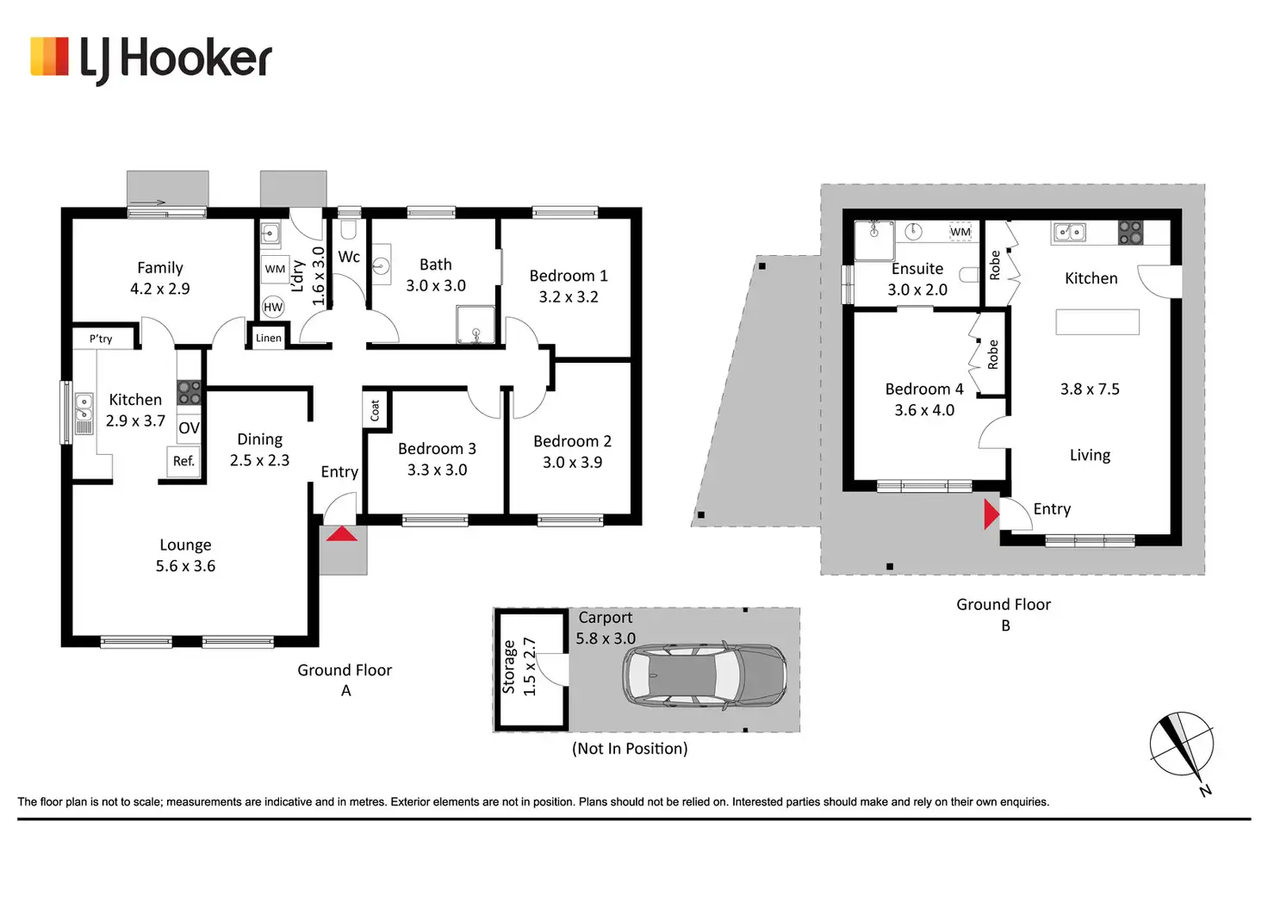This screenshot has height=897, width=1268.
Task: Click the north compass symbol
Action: (1182, 745)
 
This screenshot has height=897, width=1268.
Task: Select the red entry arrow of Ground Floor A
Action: (342, 534)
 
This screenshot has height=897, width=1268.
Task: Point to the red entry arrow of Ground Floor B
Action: (991, 514)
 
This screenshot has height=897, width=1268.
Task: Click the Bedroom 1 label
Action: (569, 276)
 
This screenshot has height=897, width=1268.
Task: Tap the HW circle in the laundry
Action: (273, 307)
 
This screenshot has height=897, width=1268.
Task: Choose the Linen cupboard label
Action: (269, 338)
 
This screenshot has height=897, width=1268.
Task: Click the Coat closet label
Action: (375, 410)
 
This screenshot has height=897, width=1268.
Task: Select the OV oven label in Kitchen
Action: (189, 428)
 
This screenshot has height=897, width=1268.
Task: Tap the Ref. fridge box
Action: (183, 461)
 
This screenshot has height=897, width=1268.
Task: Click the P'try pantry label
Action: (101, 339)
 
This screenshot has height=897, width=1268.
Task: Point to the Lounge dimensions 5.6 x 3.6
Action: (185, 566)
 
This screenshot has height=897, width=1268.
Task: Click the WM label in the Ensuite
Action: (960, 232)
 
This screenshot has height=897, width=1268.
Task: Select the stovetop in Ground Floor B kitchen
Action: (1130, 232)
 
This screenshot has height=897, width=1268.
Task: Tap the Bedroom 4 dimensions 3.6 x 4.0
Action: (924, 410)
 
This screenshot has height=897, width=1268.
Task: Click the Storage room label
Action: (508, 668)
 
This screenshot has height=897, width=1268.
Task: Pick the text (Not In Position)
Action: (630, 749)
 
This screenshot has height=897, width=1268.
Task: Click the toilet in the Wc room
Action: (349, 230)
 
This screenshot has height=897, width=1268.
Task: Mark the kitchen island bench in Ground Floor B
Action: (1097, 322)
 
